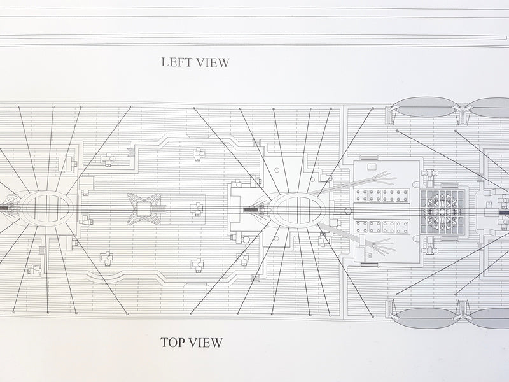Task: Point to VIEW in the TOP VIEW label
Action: tap(206, 343)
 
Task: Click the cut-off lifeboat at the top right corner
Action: tap(490, 108)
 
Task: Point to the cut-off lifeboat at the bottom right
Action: tap(490, 313)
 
